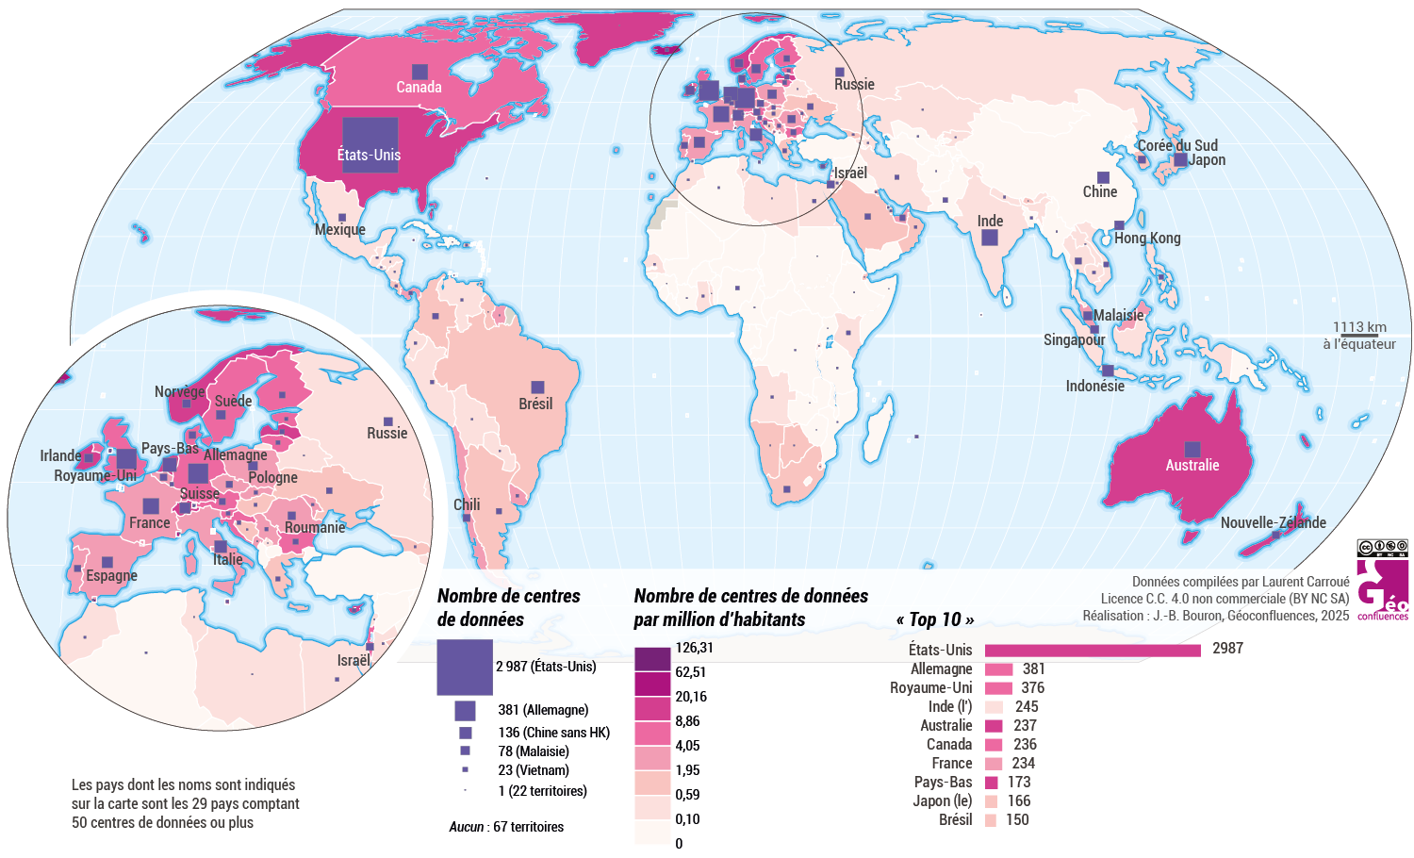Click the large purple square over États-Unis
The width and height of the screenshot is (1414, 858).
coord(370,144)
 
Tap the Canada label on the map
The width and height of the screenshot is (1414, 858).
coord(419,87)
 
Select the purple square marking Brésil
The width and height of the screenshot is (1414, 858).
coord(537,388)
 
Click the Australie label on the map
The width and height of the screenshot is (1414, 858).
coord(1192,465)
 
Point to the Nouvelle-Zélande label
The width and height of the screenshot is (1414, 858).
coord(1273,522)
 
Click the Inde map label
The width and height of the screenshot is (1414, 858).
coord(990,221)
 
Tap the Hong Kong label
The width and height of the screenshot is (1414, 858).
coord(1147,238)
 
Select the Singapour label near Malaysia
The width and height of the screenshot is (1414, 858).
coord(1074,339)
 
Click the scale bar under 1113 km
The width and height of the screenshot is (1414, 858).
coord(1358,336)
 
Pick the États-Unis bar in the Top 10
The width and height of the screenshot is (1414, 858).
coord(1092,650)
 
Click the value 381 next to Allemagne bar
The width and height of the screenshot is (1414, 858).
coord(1034,668)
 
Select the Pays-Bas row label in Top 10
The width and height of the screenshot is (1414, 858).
coord(943,782)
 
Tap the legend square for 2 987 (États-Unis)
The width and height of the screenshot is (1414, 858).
coord(465,667)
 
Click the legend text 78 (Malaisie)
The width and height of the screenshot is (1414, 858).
coord(534,751)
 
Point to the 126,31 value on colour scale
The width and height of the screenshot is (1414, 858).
coord(694,648)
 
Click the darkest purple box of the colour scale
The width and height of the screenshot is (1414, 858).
coord(652,659)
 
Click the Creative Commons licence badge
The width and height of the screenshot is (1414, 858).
coord(1382,548)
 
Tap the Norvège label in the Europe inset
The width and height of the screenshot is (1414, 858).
coord(179,391)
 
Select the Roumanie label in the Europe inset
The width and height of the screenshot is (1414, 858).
coord(315,527)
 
